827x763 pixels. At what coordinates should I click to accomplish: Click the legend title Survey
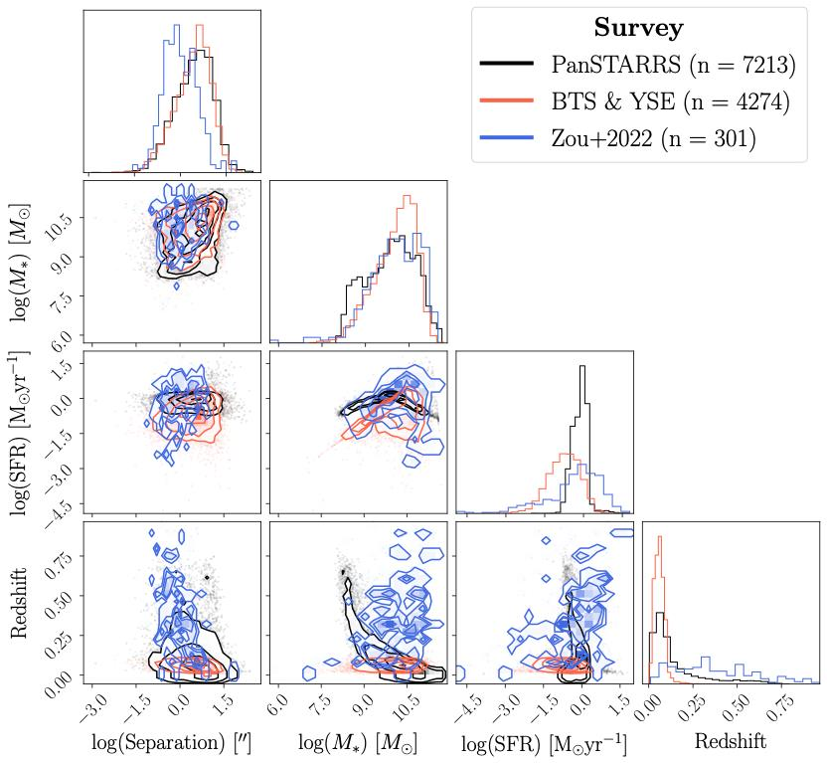tap(638, 28)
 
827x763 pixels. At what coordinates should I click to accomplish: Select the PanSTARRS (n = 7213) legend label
tap(674, 66)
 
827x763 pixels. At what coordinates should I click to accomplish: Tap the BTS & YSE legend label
tap(670, 102)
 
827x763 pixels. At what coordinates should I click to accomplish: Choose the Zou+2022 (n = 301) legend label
tap(654, 139)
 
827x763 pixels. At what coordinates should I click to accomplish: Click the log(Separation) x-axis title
tap(171, 742)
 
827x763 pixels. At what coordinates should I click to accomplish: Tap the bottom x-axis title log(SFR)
tap(544, 742)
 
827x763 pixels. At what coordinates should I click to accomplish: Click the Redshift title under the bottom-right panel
tap(730, 741)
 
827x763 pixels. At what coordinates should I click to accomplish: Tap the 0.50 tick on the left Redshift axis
tap(62, 604)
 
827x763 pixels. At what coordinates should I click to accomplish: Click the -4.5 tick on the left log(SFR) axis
tap(62, 494)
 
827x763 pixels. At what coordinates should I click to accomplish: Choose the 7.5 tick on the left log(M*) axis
tap(62, 298)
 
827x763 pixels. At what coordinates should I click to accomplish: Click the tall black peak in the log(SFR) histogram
tap(581, 366)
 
